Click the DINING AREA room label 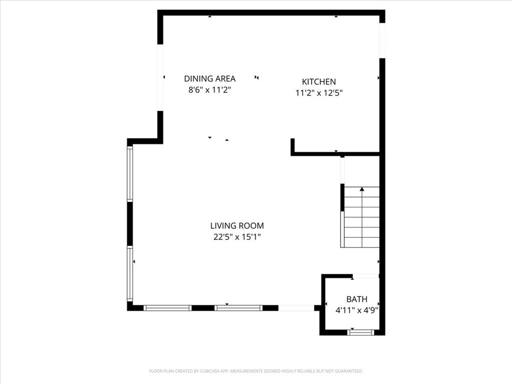pos(209,78)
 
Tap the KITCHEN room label pos(318,81)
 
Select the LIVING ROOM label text pos(237,225)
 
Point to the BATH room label pos(357,299)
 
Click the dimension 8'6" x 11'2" pos(209,90)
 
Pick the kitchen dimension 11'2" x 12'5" pos(318,93)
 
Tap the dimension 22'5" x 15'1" pos(237,237)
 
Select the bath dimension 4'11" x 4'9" pos(357,310)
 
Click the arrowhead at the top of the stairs pos(362,189)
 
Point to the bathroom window pos(361,332)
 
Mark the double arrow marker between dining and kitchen pos(256,77)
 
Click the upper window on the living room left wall pos(130,173)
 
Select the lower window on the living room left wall pos(130,273)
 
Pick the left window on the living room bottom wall pos(167,308)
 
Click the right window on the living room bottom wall pos(238,308)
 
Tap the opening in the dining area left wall pos(160,77)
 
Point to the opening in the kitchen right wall pos(382,41)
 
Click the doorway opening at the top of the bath pos(365,276)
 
